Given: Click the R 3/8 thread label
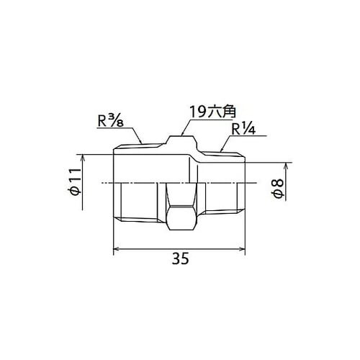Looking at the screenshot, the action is coord(111,122).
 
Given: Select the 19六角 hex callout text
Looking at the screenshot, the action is coord(212,112).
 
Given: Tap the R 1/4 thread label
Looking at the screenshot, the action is coord(243,130).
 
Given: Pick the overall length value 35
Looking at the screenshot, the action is coord(181,258).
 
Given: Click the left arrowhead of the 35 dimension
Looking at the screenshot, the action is coord(117,249).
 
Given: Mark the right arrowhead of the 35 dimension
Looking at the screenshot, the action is coord(241,249).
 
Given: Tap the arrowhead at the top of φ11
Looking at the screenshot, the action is coord(83,158).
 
